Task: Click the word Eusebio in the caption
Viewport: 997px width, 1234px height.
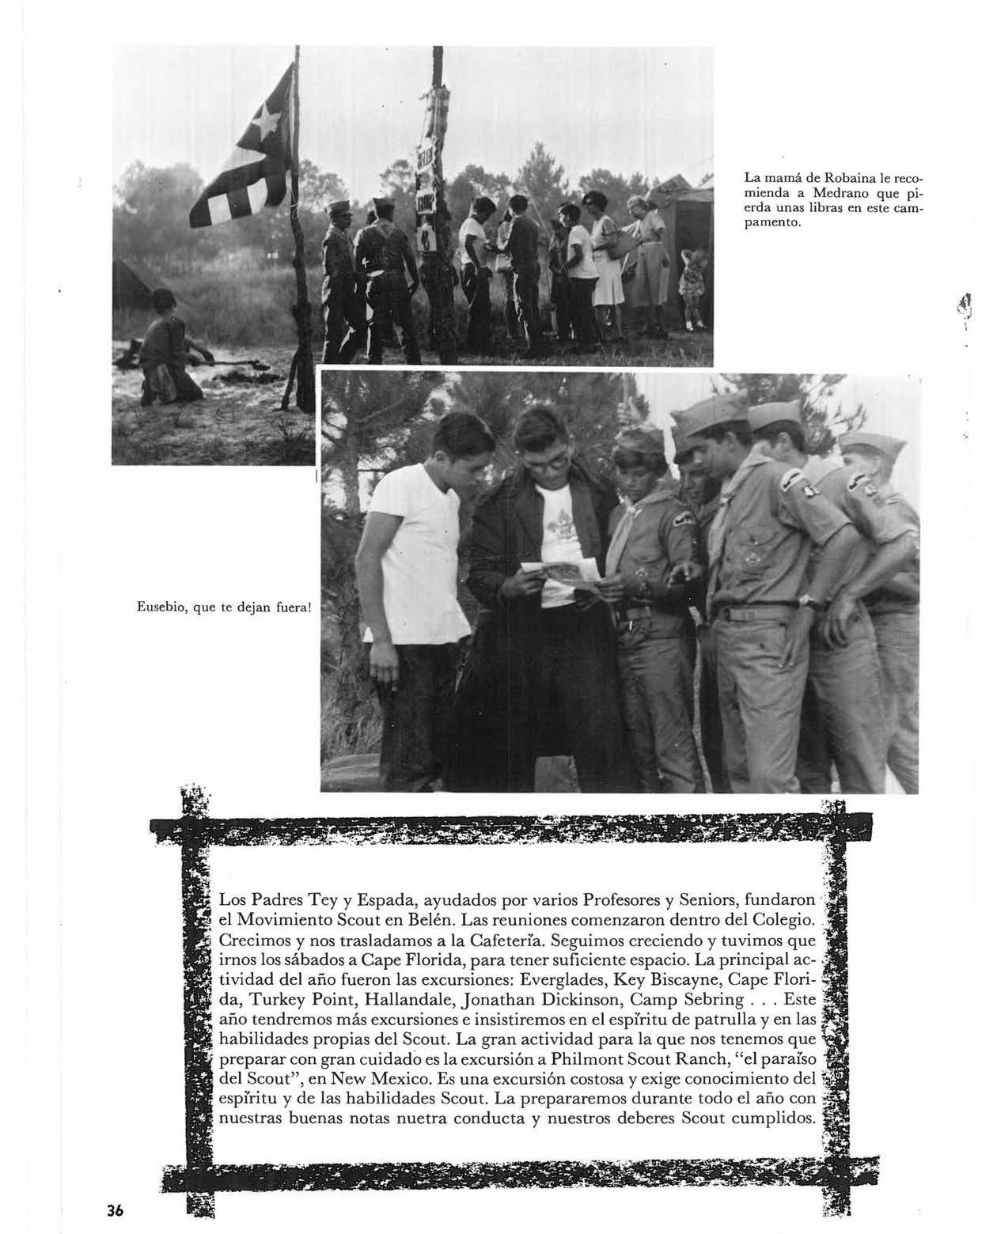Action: point(152,608)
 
